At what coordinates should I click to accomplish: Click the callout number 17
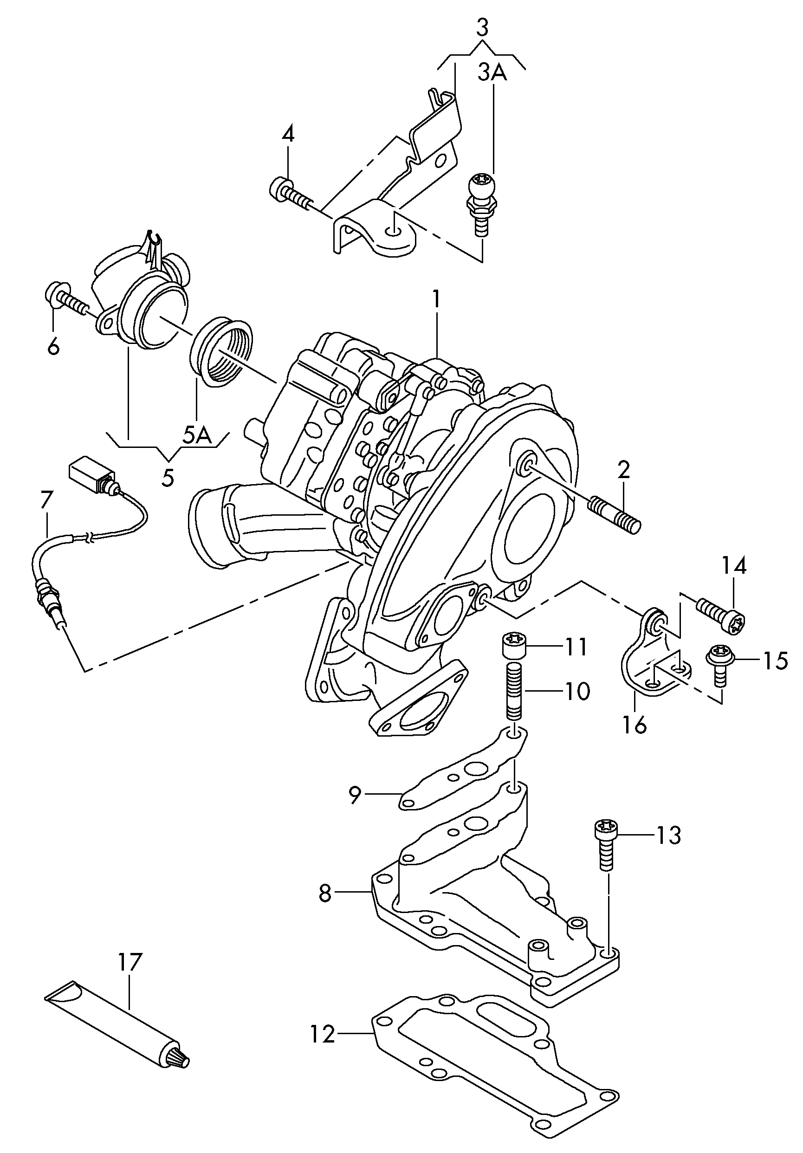[130, 962]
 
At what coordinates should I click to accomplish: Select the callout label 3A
[492, 73]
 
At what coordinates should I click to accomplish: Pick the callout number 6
[54, 346]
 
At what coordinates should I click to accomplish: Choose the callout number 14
[734, 565]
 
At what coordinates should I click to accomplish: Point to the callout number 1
[436, 300]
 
